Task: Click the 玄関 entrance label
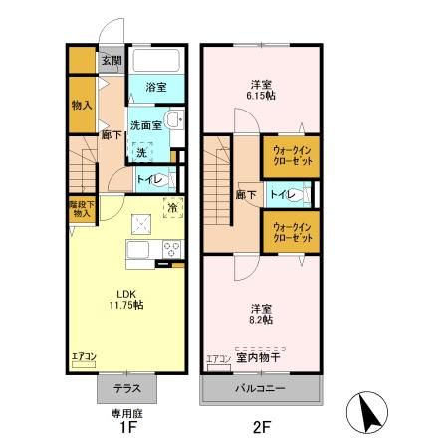tap(111, 60)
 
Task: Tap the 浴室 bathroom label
tap(155, 87)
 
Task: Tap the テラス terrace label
tap(125, 388)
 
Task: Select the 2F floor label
tap(261, 429)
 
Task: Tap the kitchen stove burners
tap(171, 249)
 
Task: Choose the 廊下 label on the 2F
tap(242, 195)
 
